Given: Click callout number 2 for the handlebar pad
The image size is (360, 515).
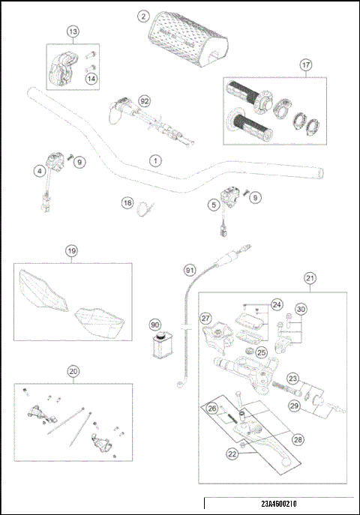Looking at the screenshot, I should (144, 14).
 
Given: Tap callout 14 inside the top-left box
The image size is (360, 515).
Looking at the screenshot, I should (91, 79).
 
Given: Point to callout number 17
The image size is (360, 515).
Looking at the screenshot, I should (306, 65).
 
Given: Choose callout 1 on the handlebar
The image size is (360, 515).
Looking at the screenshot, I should (154, 160).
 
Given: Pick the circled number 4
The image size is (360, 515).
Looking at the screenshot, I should (38, 171).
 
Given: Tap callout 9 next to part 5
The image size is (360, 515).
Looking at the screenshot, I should (256, 197).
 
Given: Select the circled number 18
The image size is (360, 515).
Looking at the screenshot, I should (127, 203).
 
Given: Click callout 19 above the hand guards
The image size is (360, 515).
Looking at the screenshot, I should (71, 251).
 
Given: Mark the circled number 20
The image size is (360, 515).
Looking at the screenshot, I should (73, 370).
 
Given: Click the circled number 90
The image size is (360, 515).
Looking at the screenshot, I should (155, 325).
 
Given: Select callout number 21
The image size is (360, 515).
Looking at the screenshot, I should (310, 278).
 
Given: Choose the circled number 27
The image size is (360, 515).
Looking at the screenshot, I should (207, 318).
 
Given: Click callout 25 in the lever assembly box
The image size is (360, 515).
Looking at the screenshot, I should (261, 352).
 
